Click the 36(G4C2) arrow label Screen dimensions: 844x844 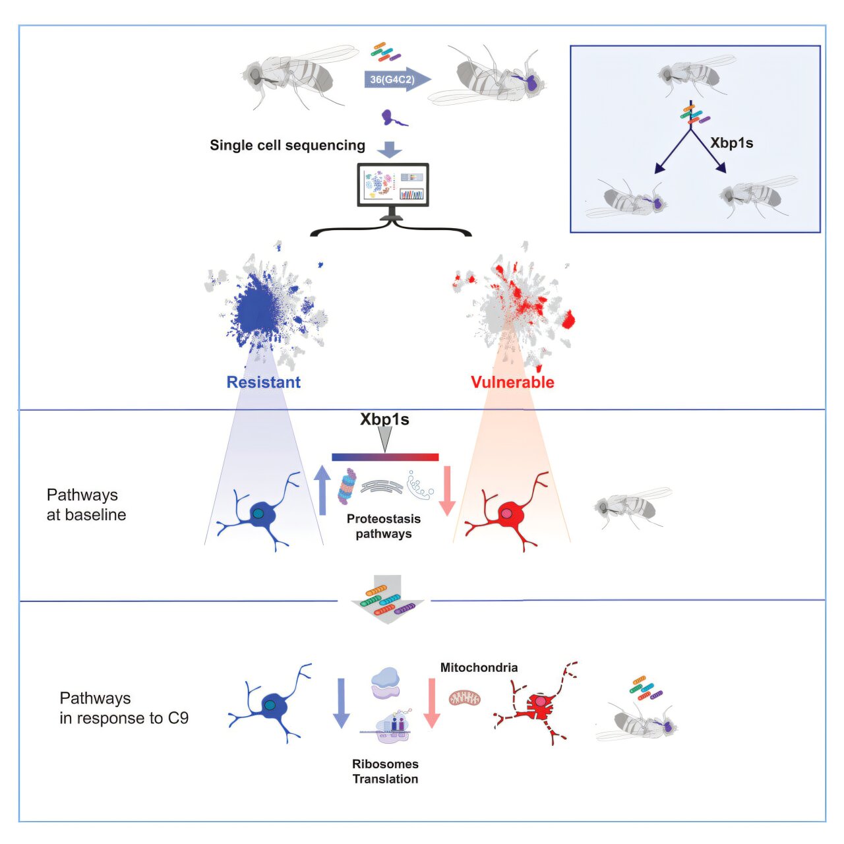pyautogui.click(x=392, y=80)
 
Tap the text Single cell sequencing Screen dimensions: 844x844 pyautogui.click(x=287, y=145)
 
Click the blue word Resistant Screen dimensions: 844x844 pyautogui.click(x=263, y=382)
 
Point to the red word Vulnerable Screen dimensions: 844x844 pyautogui.click(x=512, y=382)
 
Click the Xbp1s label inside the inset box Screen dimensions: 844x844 pyautogui.click(x=731, y=143)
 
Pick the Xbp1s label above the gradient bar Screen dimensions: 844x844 pyautogui.click(x=384, y=419)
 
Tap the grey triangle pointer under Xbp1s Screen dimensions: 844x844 pyautogui.click(x=385, y=438)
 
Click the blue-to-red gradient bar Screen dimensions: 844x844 pyautogui.click(x=385, y=457)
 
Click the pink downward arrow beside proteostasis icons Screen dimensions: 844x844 pyautogui.click(x=447, y=490)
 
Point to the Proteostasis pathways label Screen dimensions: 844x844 pyautogui.click(x=384, y=526)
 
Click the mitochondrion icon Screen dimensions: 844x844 pyautogui.click(x=465, y=697)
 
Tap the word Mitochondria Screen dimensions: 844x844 pyautogui.click(x=479, y=667)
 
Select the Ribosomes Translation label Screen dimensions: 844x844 pyautogui.click(x=385, y=771)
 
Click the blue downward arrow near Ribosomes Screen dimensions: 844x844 pyautogui.click(x=341, y=703)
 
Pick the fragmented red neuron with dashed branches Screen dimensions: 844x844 pyautogui.click(x=537, y=705)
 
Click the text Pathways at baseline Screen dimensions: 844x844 pyautogui.click(x=86, y=504)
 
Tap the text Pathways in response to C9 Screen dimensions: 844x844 pyautogui.click(x=124, y=708)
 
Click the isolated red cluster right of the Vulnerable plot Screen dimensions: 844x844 pyautogui.click(x=568, y=320)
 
